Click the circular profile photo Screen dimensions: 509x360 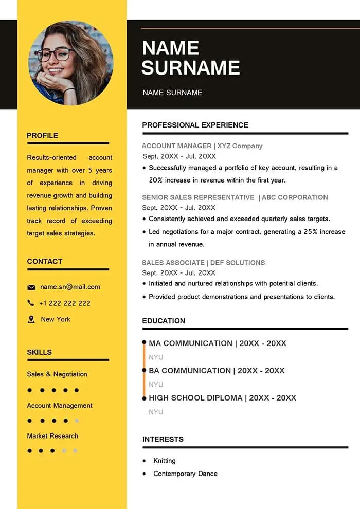pos(70,63)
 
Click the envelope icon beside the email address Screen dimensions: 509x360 pos(31,287)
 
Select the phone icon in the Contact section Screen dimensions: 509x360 pos(31,303)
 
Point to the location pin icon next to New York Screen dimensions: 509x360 pos(31,319)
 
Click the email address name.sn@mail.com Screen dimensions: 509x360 pos(70,287)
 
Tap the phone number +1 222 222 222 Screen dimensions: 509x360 pos(65,303)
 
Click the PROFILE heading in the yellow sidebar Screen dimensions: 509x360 pos(42,136)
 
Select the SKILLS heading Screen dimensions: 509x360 pos(39,352)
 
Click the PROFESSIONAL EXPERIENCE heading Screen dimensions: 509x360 pos(195,125)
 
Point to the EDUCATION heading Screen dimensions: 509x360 pos(164,321)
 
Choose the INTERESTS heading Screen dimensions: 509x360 pos(163,439)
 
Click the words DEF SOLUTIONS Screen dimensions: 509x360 pos(237,263)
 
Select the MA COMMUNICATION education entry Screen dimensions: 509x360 pos(190,343)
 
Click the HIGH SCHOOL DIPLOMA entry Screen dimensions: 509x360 pos(195,398)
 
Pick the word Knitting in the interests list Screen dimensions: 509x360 pos(165,461)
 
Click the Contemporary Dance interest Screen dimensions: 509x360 pos(185,474)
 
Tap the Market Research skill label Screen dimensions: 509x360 pos(52,436)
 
